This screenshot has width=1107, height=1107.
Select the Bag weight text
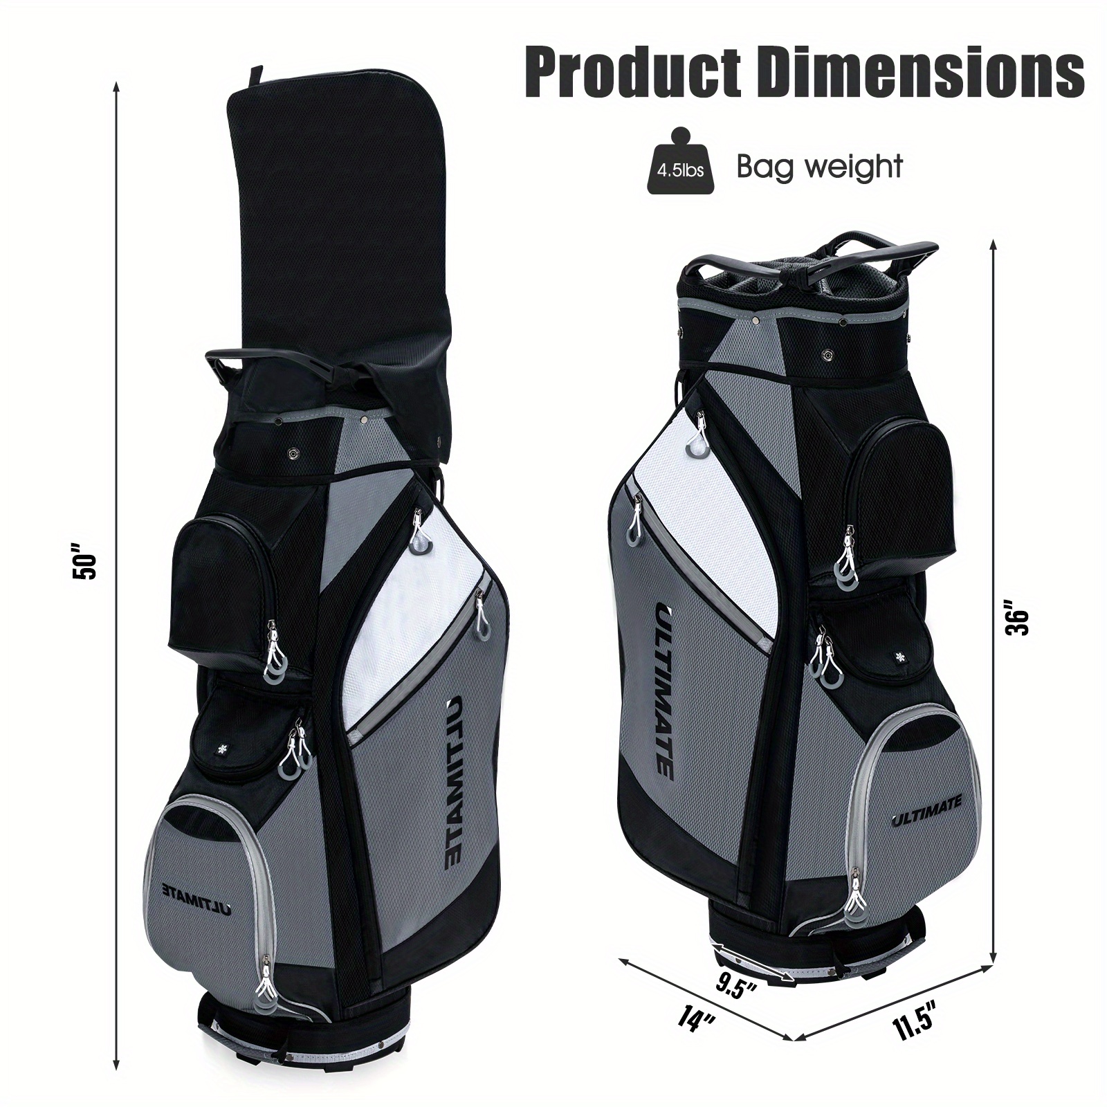(819, 167)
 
